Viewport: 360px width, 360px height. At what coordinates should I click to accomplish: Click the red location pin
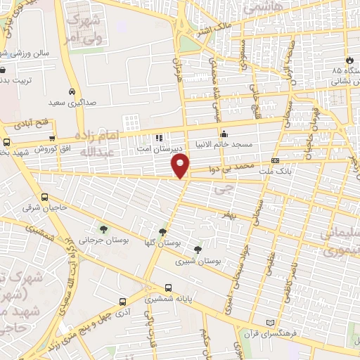(181, 165)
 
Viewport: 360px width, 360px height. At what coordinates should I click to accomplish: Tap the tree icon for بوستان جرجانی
(104, 229)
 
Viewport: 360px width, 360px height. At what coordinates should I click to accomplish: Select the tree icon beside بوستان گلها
(163, 231)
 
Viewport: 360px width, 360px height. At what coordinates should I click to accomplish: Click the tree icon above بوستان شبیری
(198, 249)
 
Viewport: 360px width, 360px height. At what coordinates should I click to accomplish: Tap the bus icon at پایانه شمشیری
(168, 287)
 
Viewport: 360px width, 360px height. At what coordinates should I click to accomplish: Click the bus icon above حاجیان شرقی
(45, 198)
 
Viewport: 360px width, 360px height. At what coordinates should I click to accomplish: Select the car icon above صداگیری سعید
(72, 91)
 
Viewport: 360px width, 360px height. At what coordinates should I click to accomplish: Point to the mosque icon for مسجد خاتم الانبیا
(224, 134)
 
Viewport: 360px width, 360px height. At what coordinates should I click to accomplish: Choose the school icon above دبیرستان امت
(159, 138)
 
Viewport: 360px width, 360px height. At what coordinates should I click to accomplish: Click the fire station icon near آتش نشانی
(350, 61)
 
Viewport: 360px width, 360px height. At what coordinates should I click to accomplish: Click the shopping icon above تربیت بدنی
(4, 70)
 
